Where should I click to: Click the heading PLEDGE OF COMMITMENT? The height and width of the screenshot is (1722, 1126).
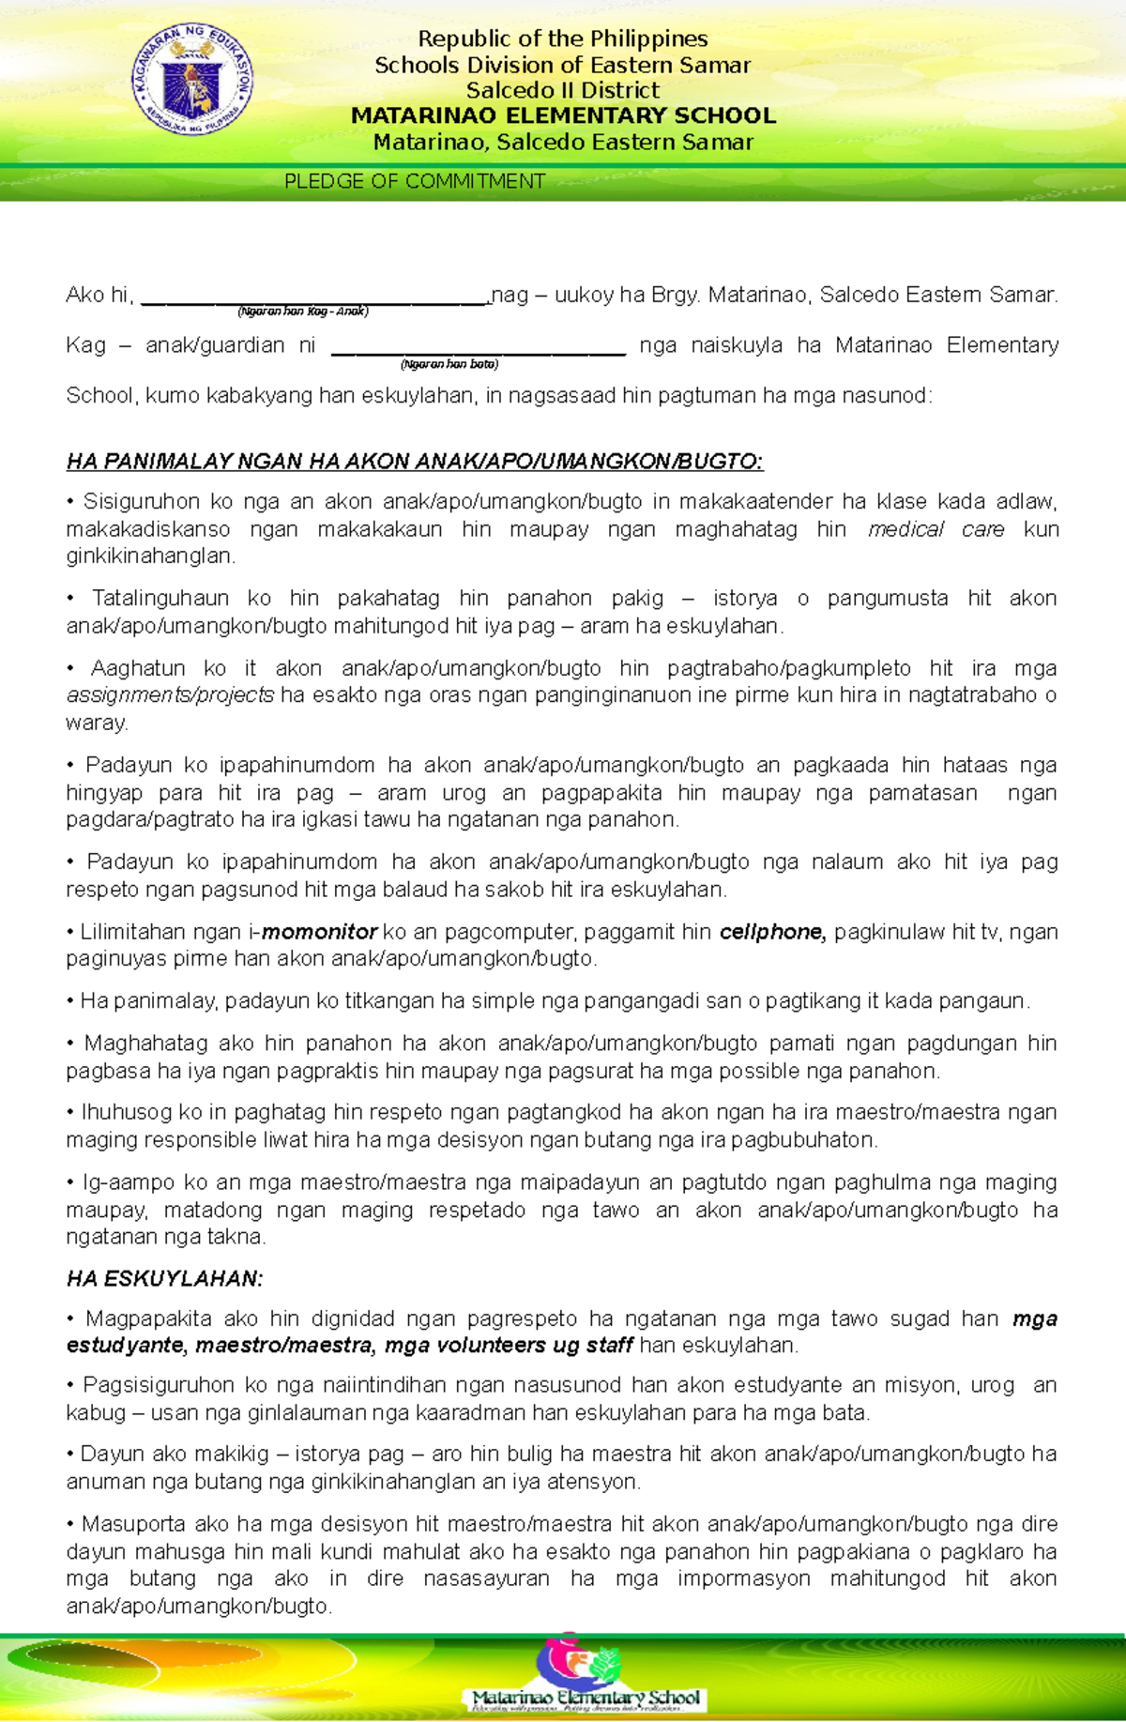click(x=414, y=181)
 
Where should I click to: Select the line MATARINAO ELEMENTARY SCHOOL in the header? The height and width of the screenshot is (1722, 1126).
click(x=563, y=115)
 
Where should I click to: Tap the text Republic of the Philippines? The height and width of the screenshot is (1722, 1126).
click(x=563, y=38)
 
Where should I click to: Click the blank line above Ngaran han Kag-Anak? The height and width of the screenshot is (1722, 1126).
click(x=314, y=299)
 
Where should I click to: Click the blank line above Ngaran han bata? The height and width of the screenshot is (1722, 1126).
click(x=479, y=350)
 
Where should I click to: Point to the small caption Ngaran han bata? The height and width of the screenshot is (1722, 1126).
click(x=449, y=364)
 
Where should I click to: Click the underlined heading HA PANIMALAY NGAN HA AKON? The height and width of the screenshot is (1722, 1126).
click(x=415, y=461)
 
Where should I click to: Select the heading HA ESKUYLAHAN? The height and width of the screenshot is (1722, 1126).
click(x=165, y=1278)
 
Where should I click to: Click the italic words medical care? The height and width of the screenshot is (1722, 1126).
click(x=936, y=529)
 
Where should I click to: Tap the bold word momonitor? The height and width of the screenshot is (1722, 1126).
click(x=319, y=932)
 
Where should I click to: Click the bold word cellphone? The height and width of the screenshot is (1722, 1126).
click(x=771, y=932)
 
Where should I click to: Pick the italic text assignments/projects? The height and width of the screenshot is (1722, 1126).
click(x=170, y=695)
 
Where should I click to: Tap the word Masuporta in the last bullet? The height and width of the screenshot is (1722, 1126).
click(x=124, y=1523)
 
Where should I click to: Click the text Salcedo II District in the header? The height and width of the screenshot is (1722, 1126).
click(x=563, y=90)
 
